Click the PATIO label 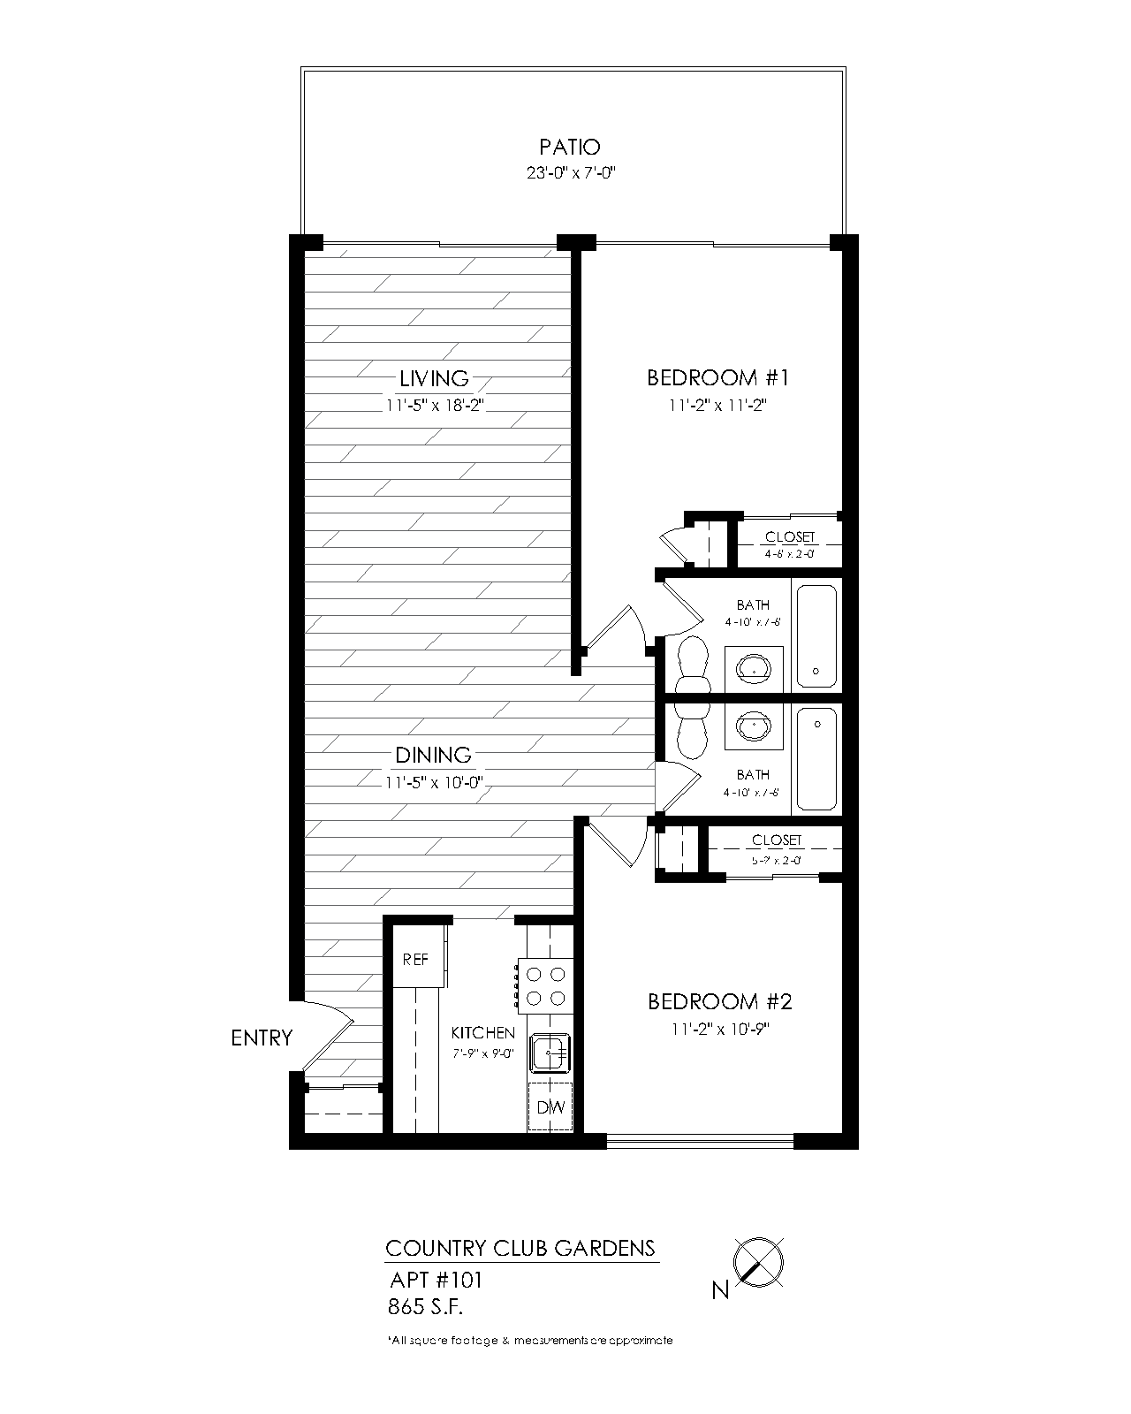tap(570, 147)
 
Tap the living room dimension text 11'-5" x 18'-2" tap(434, 406)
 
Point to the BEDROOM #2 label tap(719, 1001)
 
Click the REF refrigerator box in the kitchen tap(415, 959)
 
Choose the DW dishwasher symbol tap(550, 1107)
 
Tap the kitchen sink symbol tap(550, 1053)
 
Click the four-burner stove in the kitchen tap(545, 985)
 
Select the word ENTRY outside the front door tap(262, 1038)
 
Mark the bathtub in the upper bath tap(816, 635)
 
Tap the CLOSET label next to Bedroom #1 tap(790, 537)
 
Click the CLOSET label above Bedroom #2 tap(777, 840)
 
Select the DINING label tap(433, 755)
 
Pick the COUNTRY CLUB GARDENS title tap(520, 1248)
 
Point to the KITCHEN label tap(482, 1032)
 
